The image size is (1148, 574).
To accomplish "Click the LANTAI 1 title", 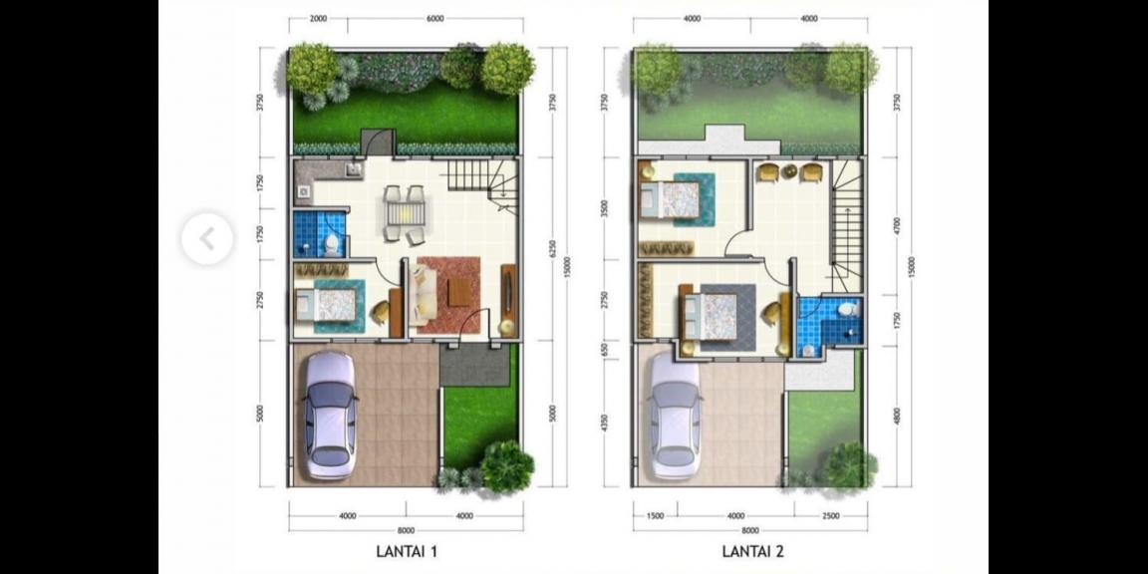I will (406, 550).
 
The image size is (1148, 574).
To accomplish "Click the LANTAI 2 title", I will (752, 550).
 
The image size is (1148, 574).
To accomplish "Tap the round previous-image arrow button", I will (207, 239).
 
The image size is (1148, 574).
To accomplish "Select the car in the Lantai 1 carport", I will (330, 415).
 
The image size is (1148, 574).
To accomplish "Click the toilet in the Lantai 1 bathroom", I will (332, 243).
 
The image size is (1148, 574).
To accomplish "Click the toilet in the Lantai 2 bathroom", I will (848, 310).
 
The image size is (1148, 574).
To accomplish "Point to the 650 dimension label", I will (604, 349).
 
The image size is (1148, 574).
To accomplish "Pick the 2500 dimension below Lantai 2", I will (831, 516).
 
